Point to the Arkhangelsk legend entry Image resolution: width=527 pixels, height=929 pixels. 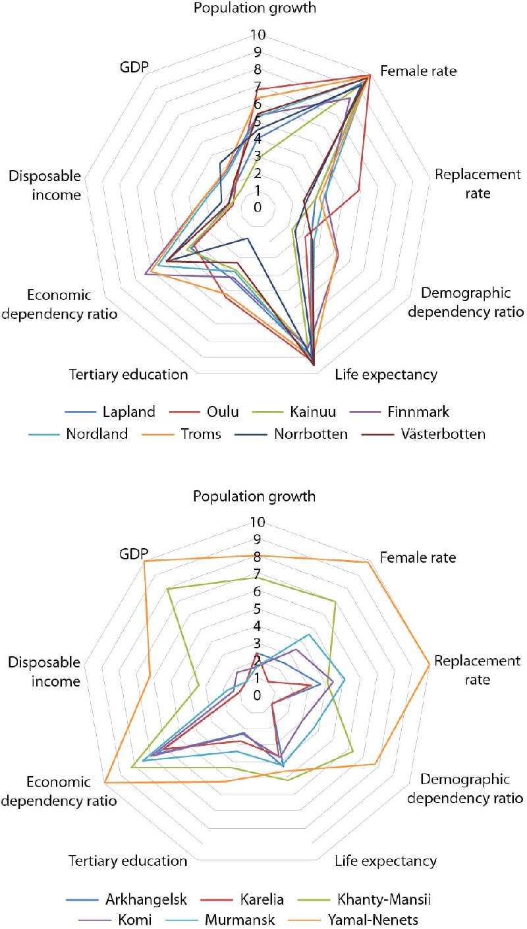[x=146, y=899]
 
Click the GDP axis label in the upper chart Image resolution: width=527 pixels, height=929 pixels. [x=134, y=67]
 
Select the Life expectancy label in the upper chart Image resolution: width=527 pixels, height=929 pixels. [x=385, y=375]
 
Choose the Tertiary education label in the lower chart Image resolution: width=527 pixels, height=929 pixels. [x=128, y=860]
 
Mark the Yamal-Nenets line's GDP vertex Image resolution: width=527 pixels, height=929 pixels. [x=144, y=561]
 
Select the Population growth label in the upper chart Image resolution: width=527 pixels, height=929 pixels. [x=254, y=9]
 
